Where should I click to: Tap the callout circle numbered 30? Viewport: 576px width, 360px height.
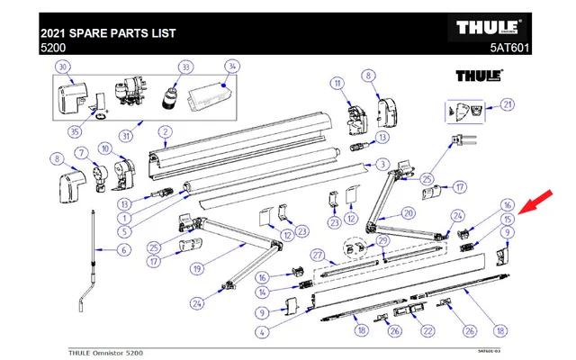coord(62,68)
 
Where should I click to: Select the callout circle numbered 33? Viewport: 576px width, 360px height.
coord(186,67)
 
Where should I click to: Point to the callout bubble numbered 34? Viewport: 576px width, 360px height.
coord(231,67)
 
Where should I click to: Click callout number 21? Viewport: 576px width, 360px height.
coord(508,104)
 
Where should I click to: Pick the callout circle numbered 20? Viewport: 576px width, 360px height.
coord(408,214)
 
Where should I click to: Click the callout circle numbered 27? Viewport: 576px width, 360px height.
coord(317,256)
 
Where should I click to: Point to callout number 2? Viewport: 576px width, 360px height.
coord(166,131)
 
